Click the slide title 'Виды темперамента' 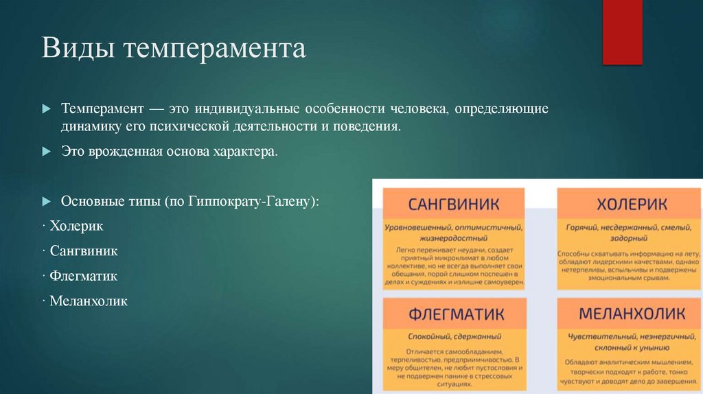pyautogui.click(x=174, y=49)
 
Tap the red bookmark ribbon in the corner pyautogui.click(x=622, y=32)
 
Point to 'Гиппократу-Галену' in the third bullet pyautogui.click(x=251, y=202)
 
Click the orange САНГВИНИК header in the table pyautogui.click(x=454, y=205)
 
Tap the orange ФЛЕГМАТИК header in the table pyautogui.click(x=454, y=314)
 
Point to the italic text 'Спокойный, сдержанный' pyautogui.click(x=454, y=337)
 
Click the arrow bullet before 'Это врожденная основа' pyautogui.click(x=46, y=151)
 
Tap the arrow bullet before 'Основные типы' pyautogui.click(x=46, y=202)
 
